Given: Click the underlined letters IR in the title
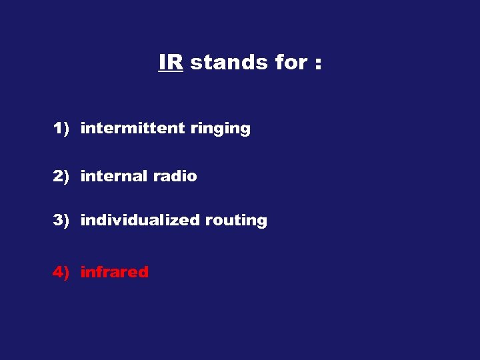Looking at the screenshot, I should (x=171, y=62).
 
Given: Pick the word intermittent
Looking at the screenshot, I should (x=132, y=129).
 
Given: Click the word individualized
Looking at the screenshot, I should (x=140, y=220).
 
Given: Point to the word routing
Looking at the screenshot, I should (x=236, y=221).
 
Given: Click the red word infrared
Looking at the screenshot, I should (x=114, y=271).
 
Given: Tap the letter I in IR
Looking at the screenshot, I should (x=162, y=62).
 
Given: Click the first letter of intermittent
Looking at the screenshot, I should (x=83, y=128).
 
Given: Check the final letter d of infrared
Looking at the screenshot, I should (x=143, y=271).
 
